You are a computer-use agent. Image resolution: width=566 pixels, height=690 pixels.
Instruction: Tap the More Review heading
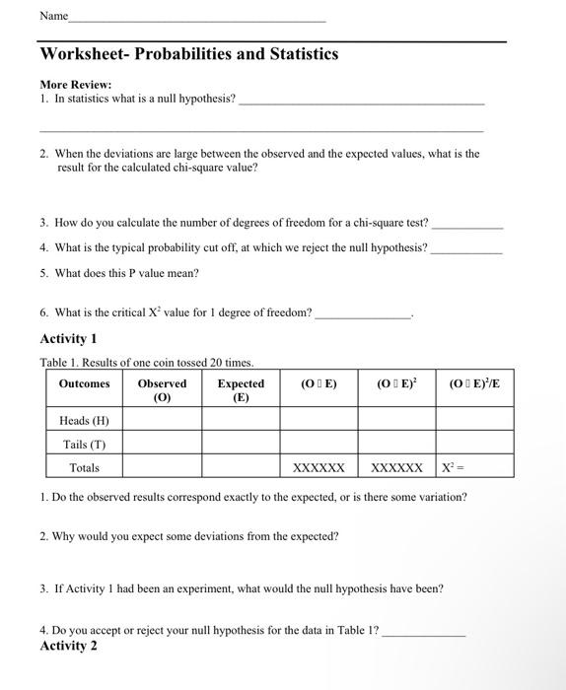[76, 85]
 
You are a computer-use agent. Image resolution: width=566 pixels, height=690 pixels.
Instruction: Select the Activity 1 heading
[68, 339]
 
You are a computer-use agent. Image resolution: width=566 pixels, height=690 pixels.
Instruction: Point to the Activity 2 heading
[68, 646]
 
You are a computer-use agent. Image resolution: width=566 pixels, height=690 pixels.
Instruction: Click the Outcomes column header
[84, 383]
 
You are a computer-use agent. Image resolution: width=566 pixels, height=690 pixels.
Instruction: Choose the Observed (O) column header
[162, 390]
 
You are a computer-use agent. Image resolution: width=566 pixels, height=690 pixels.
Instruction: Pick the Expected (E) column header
[241, 390]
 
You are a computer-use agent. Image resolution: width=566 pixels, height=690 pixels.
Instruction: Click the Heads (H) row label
[84, 420]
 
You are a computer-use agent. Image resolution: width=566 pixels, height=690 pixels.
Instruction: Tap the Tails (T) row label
[84, 444]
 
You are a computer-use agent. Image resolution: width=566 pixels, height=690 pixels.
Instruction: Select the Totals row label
[84, 467]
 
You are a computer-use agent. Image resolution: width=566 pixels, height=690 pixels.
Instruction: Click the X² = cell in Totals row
[474, 467]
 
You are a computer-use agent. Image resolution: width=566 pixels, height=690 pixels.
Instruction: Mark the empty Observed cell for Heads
[162, 420]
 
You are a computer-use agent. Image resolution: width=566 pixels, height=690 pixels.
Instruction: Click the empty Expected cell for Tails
[241, 444]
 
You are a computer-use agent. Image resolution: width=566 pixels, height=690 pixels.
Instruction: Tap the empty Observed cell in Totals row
[162, 467]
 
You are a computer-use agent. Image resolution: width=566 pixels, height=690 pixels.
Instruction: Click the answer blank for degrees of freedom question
[467, 226]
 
